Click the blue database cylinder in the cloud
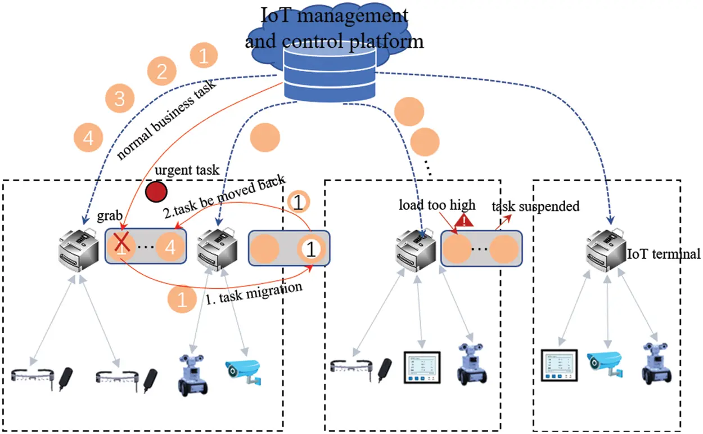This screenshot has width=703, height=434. click(330, 71)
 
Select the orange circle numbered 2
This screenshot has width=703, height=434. click(161, 71)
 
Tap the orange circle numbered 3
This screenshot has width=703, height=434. click(119, 99)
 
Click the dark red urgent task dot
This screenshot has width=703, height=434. click(155, 192)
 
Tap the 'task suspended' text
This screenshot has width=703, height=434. click(535, 206)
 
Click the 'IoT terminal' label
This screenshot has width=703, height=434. click(664, 254)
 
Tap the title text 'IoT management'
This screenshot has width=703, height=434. click(334, 16)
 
